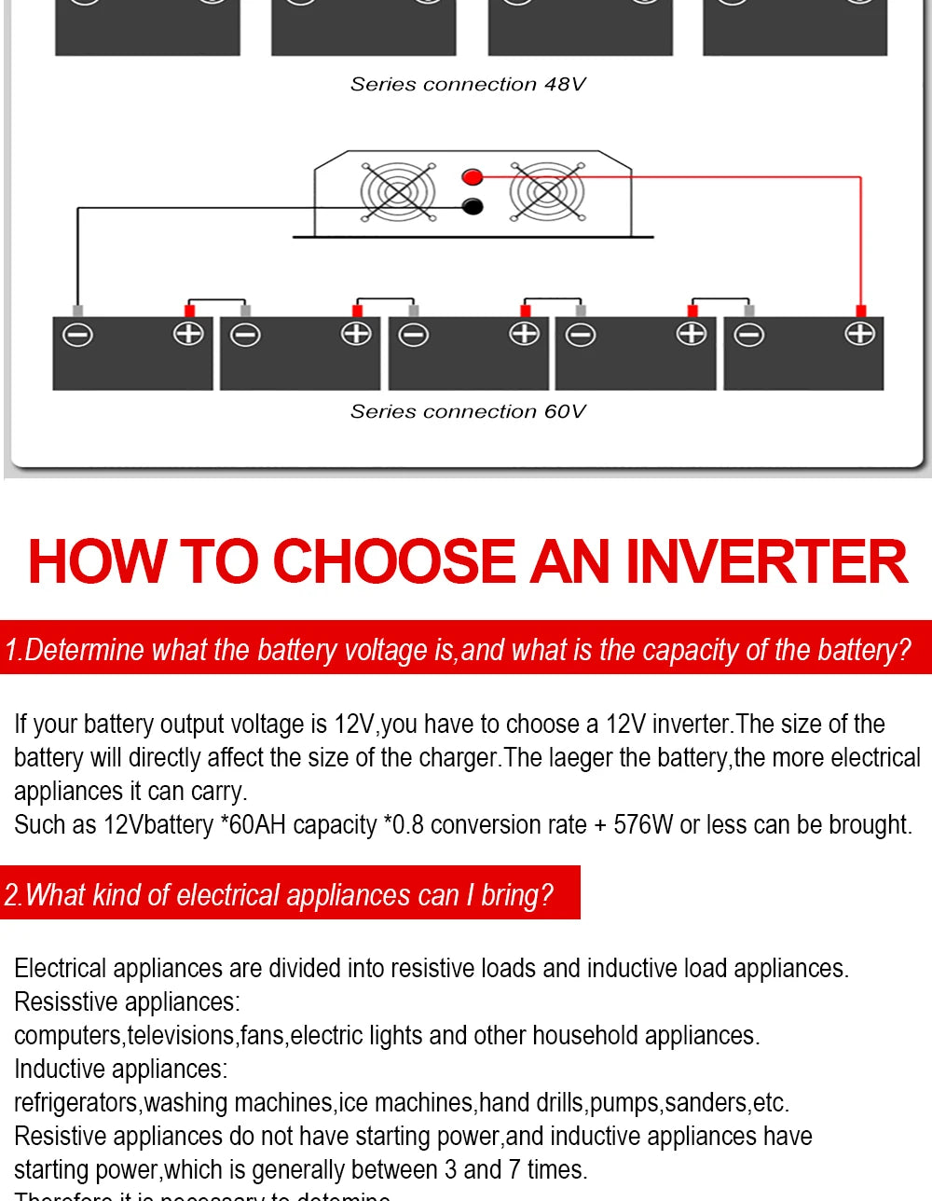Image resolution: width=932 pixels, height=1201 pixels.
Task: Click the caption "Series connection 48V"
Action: click(468, 84)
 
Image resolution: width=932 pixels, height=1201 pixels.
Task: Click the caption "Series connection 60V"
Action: click(468, 411)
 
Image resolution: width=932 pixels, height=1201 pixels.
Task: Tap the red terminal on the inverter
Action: click(473, 176)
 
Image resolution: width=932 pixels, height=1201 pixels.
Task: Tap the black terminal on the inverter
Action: click(473, 206)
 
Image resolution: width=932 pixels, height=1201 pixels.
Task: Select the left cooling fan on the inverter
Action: click(398, 192)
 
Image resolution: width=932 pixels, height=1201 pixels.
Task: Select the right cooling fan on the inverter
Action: click(547, 192)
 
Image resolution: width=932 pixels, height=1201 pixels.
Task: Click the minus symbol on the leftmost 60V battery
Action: click(77, 334)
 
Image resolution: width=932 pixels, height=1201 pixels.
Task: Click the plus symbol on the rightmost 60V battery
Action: click(858, 333)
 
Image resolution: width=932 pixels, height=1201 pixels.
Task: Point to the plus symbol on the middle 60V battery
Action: click(524, 333)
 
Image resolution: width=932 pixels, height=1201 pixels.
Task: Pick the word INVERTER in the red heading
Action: click(765, 561)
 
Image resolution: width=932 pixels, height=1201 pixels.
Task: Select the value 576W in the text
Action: click(643, 824)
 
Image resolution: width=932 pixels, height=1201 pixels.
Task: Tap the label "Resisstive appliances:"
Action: click(127, 1001)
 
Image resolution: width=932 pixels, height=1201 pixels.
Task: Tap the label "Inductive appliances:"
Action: click(121, 1069)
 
